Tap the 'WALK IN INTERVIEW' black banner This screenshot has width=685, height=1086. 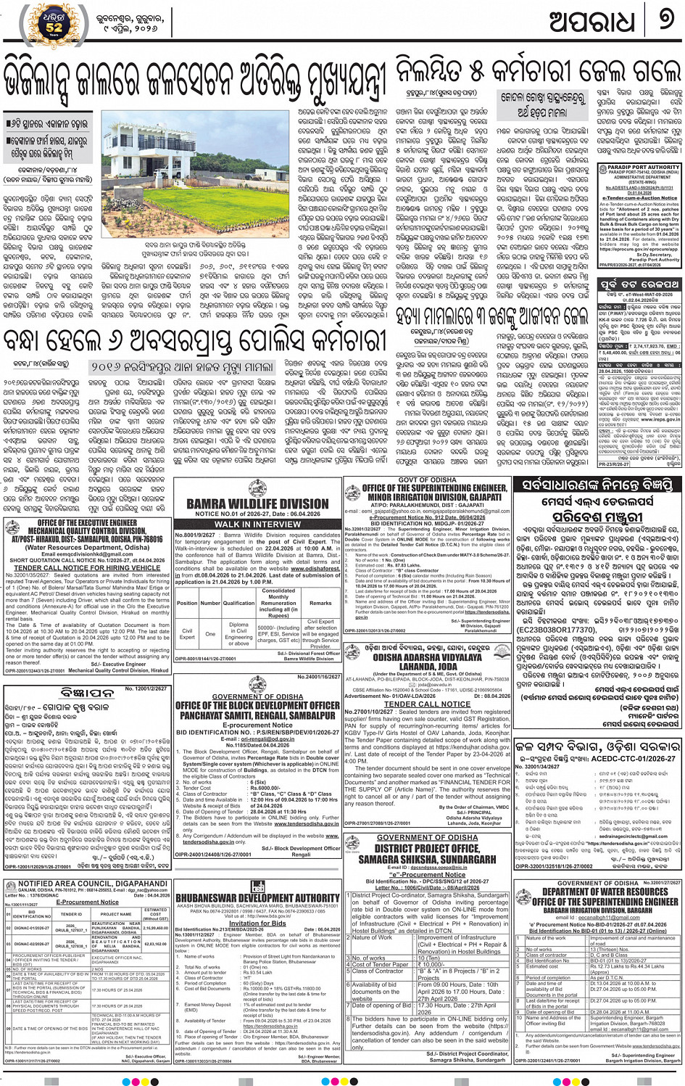pos(257,524)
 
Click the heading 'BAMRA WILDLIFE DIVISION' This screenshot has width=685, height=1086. pos(257,503)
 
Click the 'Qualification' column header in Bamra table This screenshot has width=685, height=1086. pos(238,603)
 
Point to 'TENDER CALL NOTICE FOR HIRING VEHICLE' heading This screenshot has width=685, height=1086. pos(87,567)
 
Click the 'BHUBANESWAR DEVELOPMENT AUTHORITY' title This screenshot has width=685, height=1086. pos(257,897)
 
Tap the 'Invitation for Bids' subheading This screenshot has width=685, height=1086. pos(257,923)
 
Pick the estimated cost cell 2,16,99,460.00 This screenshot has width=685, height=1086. pos(155,928)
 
